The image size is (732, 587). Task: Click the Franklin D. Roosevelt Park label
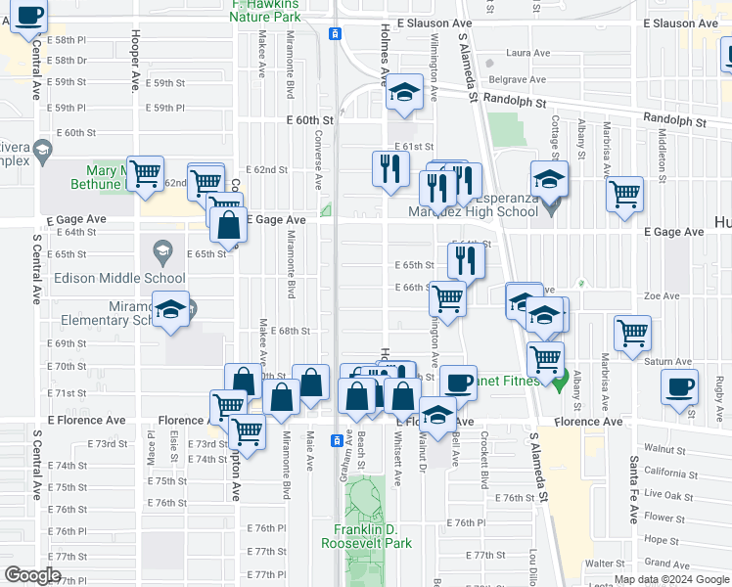pos(367,535)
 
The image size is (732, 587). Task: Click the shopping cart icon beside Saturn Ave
pos(633,332)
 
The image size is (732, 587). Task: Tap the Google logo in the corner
pos(33,575)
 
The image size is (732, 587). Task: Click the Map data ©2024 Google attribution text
pos(671,579)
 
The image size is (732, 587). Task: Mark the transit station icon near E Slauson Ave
pos(335,33)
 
